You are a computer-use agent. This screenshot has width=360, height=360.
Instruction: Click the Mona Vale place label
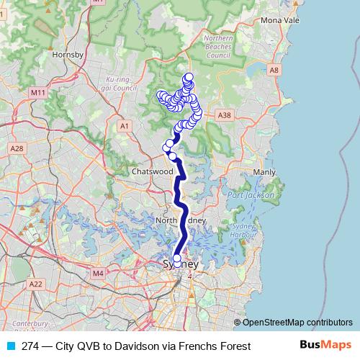tap(280, 21)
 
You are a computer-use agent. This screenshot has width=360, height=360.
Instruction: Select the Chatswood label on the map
tap(150, 172)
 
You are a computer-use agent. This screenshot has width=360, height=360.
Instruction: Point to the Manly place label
tap(264, 173)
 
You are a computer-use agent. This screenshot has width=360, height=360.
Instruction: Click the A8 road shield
tap(273, 70)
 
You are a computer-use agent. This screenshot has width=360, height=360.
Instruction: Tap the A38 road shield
tap(225, 114)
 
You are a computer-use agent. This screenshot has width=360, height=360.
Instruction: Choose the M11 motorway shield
tap(38, 93)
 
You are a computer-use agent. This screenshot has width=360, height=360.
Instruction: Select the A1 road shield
tap(125, 126)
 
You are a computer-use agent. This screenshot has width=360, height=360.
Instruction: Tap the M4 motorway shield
tap(99, 274)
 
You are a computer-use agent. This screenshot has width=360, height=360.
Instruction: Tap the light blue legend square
tap(10, 346)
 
